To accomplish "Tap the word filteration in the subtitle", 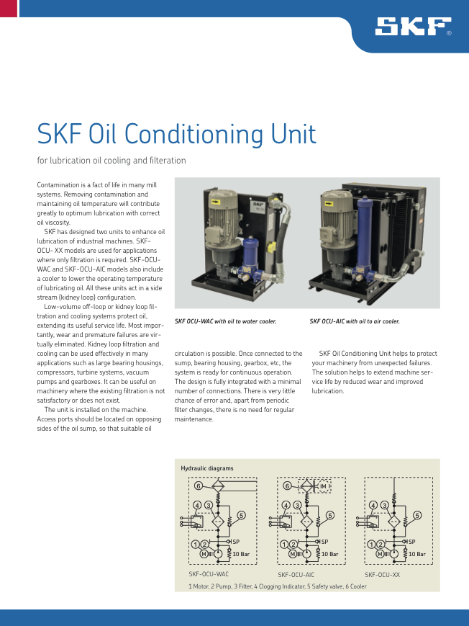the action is [x=166, y=161].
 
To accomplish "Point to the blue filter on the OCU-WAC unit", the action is [x=250, y=256].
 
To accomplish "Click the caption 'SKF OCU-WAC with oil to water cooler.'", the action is [x=225, y=321].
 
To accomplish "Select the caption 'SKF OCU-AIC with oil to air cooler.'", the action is [x=355, y=321].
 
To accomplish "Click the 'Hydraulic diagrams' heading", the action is [x=207, y=468].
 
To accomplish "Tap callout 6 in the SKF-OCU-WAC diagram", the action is [x=199, y=486].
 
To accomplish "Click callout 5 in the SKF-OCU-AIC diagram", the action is [x=330, y=515].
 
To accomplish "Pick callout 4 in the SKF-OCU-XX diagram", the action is [x=373, y=505].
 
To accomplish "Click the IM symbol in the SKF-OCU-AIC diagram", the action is [x=323, y=487].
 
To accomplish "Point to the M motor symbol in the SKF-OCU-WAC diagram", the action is [x=203, y=554].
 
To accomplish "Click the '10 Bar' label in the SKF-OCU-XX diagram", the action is [x=416, y=554].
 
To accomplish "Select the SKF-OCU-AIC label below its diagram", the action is [x=296, y=575].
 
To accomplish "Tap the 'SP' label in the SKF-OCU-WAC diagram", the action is [x=236, y=542].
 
